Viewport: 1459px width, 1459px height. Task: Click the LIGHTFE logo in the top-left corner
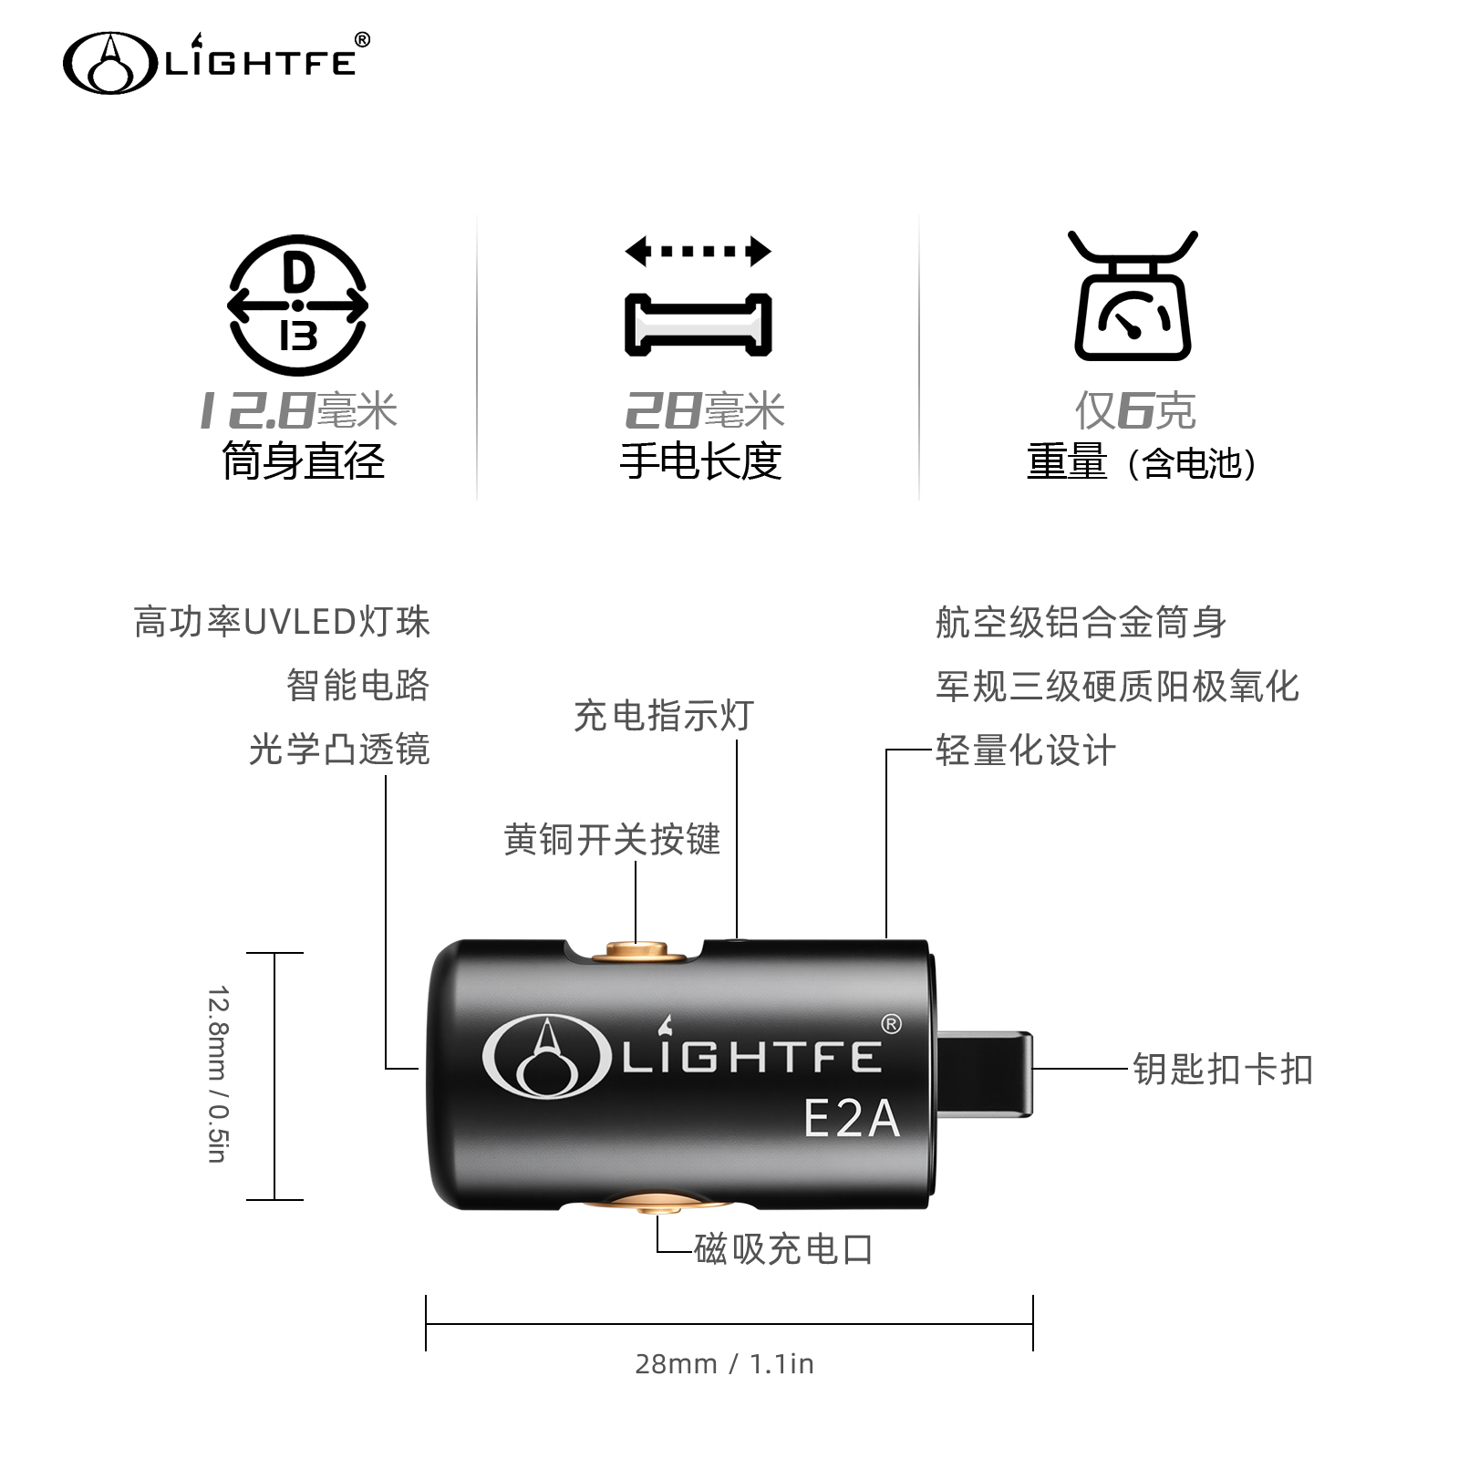tap(216, 62)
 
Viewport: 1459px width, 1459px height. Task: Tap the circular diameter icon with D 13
tap(297, 305)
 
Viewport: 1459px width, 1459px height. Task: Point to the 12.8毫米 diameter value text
tap(298, 410)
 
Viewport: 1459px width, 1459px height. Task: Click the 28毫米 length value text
tap(704, 410)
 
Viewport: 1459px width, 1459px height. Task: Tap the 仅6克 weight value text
tap(1134, 410)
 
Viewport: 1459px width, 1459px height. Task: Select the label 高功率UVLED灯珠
tap(282, 622)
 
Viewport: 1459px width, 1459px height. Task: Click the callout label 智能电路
tap(357, 685)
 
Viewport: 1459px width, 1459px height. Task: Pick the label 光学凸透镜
tap(339, 749)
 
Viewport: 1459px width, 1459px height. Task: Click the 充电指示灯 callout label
tap(664, 716)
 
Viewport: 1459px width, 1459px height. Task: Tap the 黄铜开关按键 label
tap(612, 839)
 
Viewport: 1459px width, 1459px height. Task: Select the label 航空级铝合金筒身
tap(1081, 623)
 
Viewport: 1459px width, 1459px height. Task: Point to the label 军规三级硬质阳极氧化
tap(1117, 687)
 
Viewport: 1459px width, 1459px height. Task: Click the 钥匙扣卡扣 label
tap(1223, 1069)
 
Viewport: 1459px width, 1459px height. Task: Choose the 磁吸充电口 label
tap(784, 1248)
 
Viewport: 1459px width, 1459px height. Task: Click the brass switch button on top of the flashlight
tap(637, 954)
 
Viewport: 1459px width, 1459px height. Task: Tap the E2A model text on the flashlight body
tap(851, 1118)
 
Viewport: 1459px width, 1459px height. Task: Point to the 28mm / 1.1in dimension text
tap(724, 1364)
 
